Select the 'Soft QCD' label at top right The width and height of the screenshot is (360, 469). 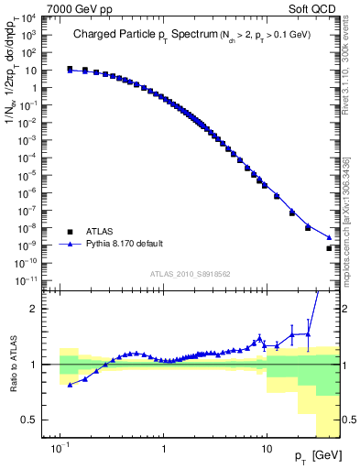pyautogui.click(x=318, y=7)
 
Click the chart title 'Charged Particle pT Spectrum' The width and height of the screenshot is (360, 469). pyautogui.click(x=131, y=34)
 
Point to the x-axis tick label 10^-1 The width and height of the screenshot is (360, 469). pyautogui.click(x=60, y=451)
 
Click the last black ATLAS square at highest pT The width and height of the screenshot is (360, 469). pyautogui.click(x=329, y=248)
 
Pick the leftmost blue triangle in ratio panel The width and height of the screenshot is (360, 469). pyautogui.click(x=71, y=385)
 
